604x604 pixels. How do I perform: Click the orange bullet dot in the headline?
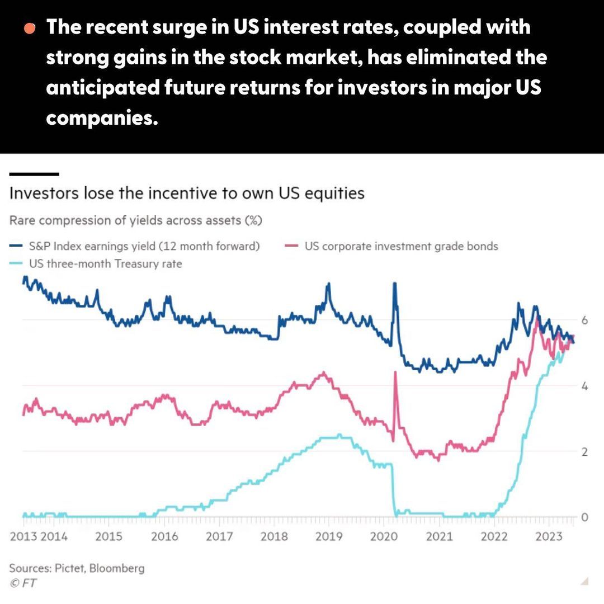click(30, 28)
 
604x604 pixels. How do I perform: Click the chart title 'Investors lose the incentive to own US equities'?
click(187, 194)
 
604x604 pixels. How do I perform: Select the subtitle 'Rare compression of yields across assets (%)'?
click(135, 220)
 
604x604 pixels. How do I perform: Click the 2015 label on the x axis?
click(108, 537)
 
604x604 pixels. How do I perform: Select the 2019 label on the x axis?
click(329, 537)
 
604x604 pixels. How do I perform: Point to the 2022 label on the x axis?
click(494, 537)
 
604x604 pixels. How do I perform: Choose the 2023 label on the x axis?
click(549, 537)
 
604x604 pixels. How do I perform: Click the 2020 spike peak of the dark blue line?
click(395, 284)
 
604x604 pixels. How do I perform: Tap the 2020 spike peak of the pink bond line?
click(395, 372)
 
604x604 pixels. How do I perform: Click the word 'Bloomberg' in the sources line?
click(117, 568)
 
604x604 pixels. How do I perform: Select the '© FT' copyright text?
click(23, 583)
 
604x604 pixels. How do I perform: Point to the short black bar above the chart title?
click(34, 174)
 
